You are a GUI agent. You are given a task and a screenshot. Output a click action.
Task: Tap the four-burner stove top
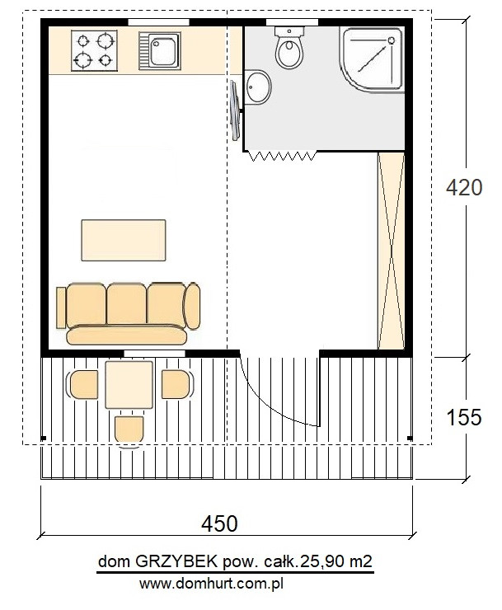[x=94, y=50]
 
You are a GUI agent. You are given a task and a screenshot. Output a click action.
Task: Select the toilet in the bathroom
[x=289, y=47]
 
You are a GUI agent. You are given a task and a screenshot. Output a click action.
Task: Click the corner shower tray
[x=372, y=59]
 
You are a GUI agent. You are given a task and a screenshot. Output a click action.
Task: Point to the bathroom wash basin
[x=258, y=87]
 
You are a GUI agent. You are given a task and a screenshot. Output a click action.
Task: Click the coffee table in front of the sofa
[x=124, y=240]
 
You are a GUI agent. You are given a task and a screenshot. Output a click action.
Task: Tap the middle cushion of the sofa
[x=127, y=304]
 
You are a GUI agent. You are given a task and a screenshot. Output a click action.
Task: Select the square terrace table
[x=129, y=385]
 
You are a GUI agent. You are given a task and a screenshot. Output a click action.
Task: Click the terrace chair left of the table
[x=83, y=384]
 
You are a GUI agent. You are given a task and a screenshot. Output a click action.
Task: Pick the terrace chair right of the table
[x=177, y=384]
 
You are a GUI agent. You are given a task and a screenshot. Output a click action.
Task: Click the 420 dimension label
[x=464, y=187]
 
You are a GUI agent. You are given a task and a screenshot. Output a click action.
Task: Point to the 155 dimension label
[x=464, y=417]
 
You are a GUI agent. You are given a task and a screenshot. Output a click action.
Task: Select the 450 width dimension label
[x=219, y=523]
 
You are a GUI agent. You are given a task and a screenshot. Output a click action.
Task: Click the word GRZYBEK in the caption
[x=176, y=561]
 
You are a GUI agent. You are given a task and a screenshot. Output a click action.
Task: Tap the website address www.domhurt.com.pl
[x=211, y=584]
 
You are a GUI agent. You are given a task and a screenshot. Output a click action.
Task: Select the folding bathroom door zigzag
[x=282, y=156]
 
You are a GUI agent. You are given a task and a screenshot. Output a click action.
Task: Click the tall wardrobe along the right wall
[x=392, y=251]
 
